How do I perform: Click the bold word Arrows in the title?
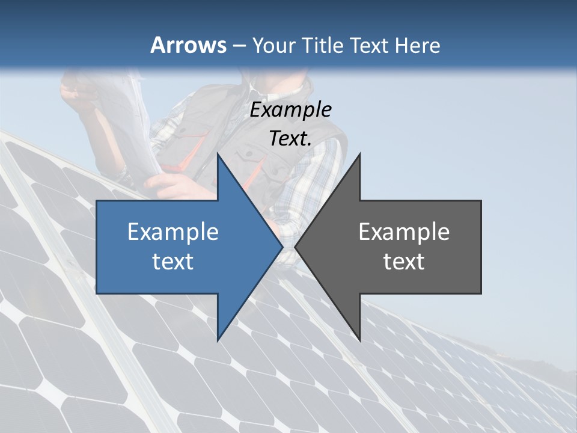(189, 45)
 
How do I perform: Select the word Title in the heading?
(325, 45)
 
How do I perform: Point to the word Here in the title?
(417, 45)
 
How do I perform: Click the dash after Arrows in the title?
(239, 46)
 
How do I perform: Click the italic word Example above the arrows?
(291, 109)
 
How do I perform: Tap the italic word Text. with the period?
(291, 138)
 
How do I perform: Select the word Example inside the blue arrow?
(173, 232)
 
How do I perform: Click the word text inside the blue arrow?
(173, 262)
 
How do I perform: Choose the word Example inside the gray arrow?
(404, 232)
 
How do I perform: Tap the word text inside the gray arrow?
(404, 262)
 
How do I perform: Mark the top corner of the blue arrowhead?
(218, 155)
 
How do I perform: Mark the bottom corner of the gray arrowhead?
(359, 340)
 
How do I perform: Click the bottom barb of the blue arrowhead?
(218, 339)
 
